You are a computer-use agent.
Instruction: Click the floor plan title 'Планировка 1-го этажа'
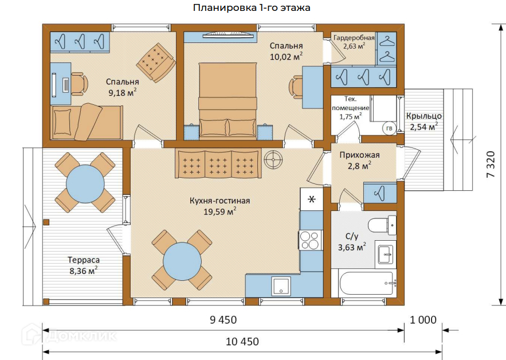point(252,7)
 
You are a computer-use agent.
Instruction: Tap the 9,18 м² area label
point(122,93)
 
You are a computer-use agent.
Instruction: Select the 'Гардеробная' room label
point(354,38)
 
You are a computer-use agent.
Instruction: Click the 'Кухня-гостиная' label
point(219,201)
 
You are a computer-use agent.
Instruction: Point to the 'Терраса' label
point(84,260)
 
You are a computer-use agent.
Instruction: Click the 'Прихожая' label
point(359,155)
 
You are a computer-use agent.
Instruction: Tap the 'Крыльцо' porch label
point(423,116)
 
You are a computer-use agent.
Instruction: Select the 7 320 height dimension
point(491,164)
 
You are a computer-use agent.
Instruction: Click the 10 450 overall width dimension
point(242,342)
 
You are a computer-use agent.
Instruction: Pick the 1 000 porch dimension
point(423,320)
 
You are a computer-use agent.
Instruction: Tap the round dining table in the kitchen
point(182,261)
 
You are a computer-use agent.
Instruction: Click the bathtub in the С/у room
point(366,283)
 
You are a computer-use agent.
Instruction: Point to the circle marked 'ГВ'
point(389,128)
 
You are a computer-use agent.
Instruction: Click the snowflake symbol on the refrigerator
point(311,199)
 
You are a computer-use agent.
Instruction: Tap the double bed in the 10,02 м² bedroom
point(228,101)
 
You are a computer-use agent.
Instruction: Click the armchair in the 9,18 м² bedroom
point(156,62)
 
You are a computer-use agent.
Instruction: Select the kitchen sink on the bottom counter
point(281,285)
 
